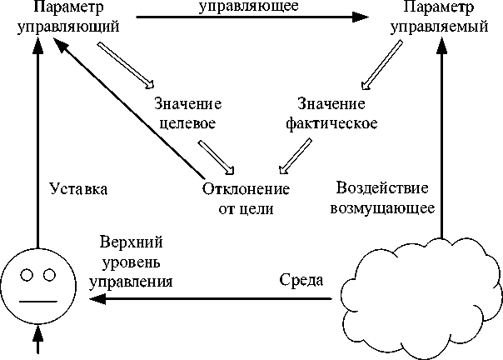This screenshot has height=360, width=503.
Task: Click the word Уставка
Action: pyautogui.click(x=78, y=189)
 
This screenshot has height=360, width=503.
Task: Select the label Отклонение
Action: pyautogui.click(x=246, y=189)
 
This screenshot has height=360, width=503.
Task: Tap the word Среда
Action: pyautogui.click(x=301, y=280)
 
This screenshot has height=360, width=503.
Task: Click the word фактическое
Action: pyautogui.click(x=331, y=123)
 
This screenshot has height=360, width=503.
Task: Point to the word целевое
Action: pyautogui.click(x=187, y=124)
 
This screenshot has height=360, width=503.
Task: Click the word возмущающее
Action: pyautogui.click(x=382, y=208)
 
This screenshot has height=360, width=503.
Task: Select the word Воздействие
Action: pyautogui.click(x=382, y=188)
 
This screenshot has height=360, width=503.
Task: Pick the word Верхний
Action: pyautogui.click(x=132, y=242)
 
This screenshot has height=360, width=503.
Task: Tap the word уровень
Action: pyautogui.click(x=132, y=262)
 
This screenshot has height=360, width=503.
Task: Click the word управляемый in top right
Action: pyautogui.click(x=439, y=27)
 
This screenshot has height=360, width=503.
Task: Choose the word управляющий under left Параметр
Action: pyautogui.click(x=68, y=27)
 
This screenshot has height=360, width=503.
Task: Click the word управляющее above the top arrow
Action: pyautogui.click(x=249, y=6)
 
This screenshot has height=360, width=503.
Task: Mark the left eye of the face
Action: pyautogui.click(x=27, y=275)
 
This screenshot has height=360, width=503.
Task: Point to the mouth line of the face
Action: pyautogui.click(x=38, y=302)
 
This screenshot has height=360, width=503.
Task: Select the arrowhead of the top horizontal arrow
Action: pyautogui.click(x=361, y=17)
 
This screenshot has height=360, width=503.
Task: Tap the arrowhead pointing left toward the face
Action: pyautogui.click(x=97, y=299)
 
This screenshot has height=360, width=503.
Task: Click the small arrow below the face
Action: pyautogui.click(x=38, y=340)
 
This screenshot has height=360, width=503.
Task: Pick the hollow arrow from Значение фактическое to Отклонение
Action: pyautogui.click(x=295, y=157)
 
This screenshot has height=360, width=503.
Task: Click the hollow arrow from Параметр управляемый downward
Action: pyautogui.click(x=381, y=65)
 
